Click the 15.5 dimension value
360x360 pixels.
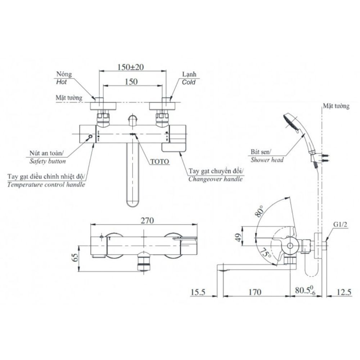pos(197,292)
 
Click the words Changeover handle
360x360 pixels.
pos(215,179)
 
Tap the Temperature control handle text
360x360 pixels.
pos(46,185)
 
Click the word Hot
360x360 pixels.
pos(62,82)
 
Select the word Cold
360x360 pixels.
pos(189,82)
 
